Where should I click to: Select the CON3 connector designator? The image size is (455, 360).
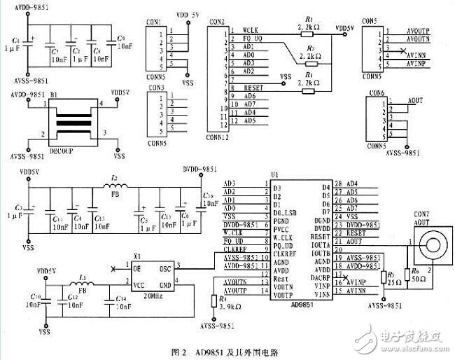(x=155, y=88)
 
